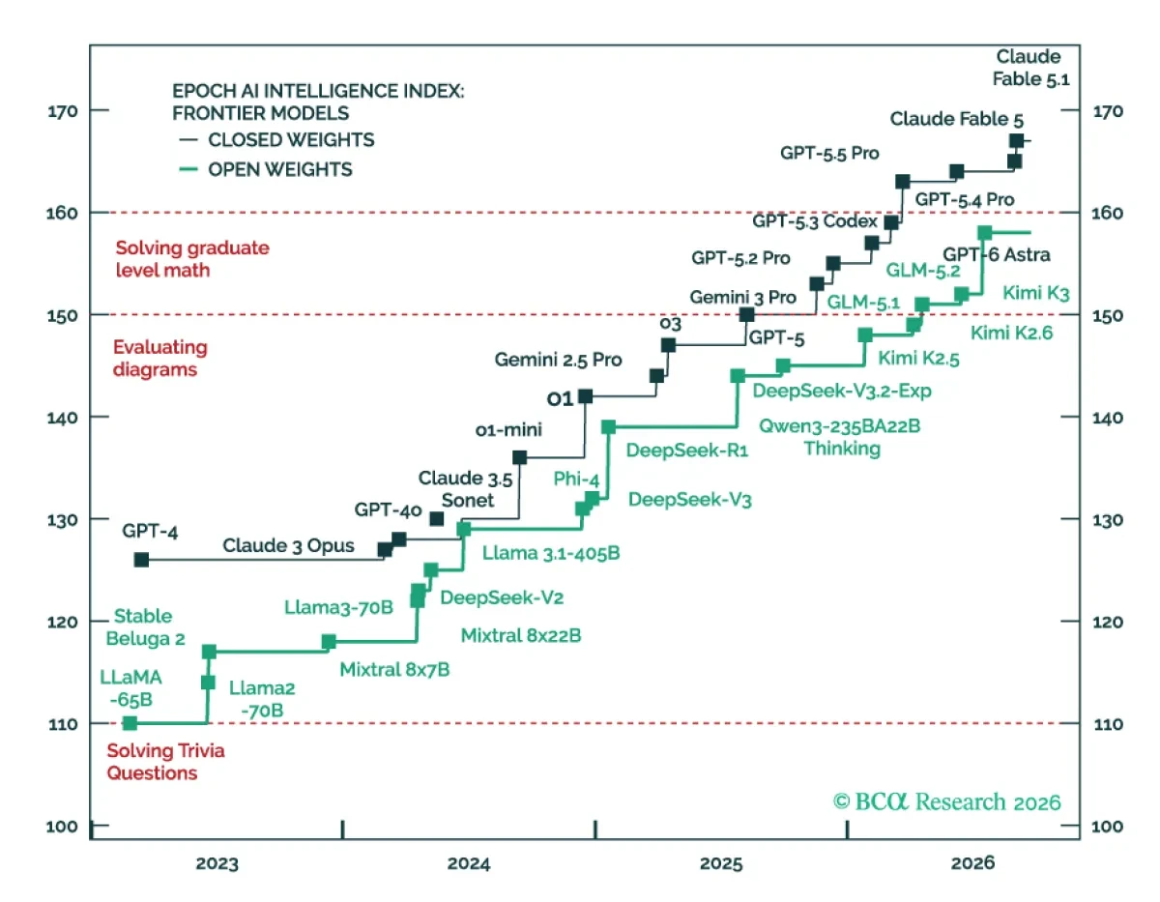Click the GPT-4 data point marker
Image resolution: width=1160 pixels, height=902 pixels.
(x=141, y=560)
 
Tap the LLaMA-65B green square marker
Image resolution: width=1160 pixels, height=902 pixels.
(x=130, y=723)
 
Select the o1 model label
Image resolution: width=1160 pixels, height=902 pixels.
(x=560, y=398)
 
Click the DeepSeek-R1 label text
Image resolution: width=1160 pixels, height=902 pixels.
(x=687, y=450)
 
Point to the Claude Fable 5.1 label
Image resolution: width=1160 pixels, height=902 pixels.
(x=1030, y=68)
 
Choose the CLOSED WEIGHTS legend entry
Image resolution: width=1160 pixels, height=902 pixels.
(x=277, y=140)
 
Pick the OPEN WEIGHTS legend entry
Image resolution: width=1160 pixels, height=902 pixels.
(x=266, y=170)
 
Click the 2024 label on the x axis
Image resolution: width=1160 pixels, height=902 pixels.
(x=469, y=863)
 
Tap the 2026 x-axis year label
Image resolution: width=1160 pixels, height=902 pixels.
(x=972, y=863)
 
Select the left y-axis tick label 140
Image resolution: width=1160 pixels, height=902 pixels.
(x=63, y=418)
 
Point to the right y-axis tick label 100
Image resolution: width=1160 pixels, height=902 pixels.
(x=1107, y=827)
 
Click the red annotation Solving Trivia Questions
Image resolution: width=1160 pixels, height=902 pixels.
(x=165, y=762)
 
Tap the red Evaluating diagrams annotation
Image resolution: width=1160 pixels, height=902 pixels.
(x=159, y=358)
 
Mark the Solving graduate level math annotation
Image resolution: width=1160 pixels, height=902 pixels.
(x=192, y=259)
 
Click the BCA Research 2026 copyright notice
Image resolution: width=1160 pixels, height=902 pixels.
(x=946, y=801)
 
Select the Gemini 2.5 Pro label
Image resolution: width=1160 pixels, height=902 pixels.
(x=558, y=360)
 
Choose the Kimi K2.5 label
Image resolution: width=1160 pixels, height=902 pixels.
(x=918, y=358)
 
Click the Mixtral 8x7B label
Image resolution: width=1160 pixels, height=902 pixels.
(x=394, y=669)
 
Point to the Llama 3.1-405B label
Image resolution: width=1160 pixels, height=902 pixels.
(x=551, y=552)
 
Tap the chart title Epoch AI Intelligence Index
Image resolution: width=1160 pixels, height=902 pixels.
(x=318, y=102)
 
